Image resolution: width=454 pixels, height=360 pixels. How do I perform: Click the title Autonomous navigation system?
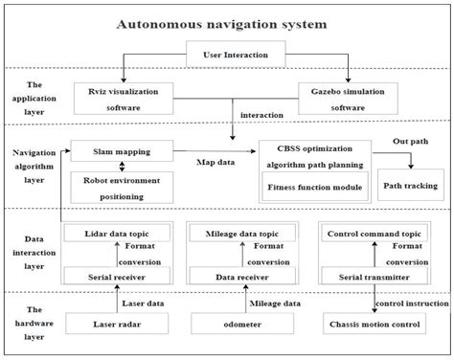(x=227, y=22)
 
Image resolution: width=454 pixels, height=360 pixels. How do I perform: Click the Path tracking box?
(x=410, y=185)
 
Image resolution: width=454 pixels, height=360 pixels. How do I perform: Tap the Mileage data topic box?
(x=236, y=233)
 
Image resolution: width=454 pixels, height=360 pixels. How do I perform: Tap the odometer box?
(x=236, y=325)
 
